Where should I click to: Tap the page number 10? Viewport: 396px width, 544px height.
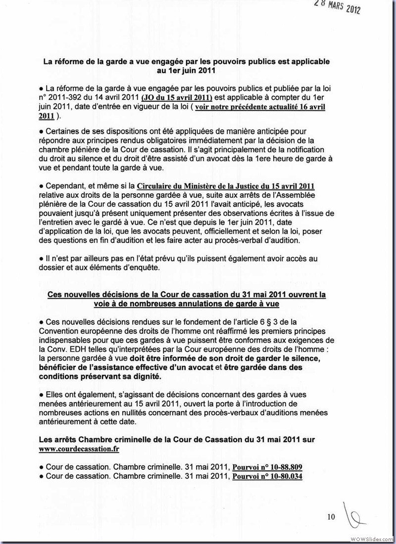click(331, 517)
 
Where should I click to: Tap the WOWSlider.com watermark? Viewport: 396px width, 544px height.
click(372, 539)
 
